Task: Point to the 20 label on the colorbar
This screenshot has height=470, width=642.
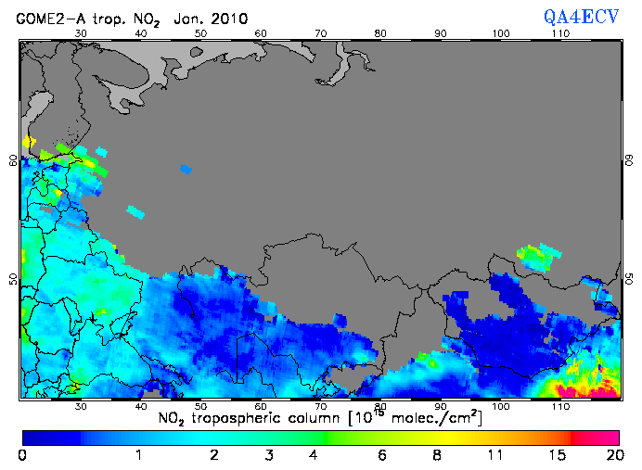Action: [611, 455]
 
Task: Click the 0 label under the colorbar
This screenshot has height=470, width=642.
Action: [22, 455]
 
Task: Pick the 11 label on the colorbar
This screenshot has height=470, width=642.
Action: [495, 455]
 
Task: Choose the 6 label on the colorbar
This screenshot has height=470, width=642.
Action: [380, 455]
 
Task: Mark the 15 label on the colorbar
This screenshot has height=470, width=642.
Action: [555, 455]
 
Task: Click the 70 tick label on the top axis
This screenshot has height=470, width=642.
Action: [320, 33]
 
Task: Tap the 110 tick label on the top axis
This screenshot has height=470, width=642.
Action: [560, 33]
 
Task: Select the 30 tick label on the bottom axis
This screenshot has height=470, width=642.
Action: [81, 406]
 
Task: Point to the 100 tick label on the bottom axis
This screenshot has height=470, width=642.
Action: [501, 406]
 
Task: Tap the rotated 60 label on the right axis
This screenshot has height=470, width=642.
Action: [627, 159]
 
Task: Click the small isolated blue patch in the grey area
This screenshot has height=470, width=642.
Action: [186, 169]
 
